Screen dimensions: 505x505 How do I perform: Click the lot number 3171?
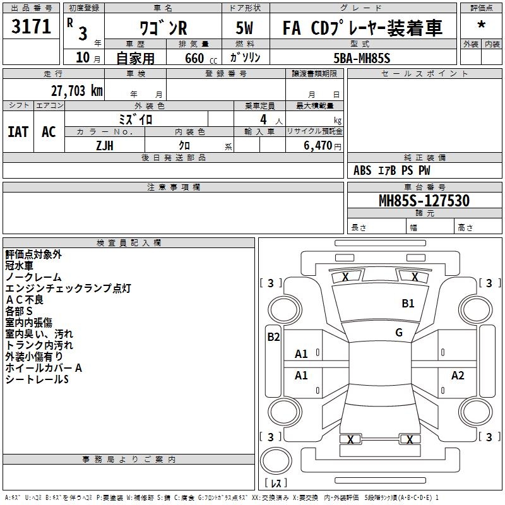click(x=32, y=27)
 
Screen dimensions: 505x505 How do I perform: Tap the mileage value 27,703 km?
click(x=76, y=91)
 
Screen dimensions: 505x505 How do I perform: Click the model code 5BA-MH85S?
click(x=362, y=57)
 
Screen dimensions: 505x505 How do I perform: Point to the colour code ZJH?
click(x=105, y=145)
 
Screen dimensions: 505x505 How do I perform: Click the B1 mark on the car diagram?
click(x=408, y=304)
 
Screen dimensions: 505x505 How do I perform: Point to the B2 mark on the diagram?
click(x=273, y=337)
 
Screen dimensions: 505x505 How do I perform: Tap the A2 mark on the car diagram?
click(x=458, y=376)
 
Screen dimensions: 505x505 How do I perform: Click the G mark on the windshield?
click(x=399, y=333)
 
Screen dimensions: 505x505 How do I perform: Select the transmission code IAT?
click(x=18, y=132)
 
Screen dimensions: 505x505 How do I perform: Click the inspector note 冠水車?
click(x=23, y=266)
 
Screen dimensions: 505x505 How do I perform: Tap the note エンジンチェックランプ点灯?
click(x=68, y=288)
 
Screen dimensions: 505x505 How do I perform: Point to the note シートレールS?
click(x=37, y=379)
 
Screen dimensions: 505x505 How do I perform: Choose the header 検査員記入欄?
click(x=129, y=243)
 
